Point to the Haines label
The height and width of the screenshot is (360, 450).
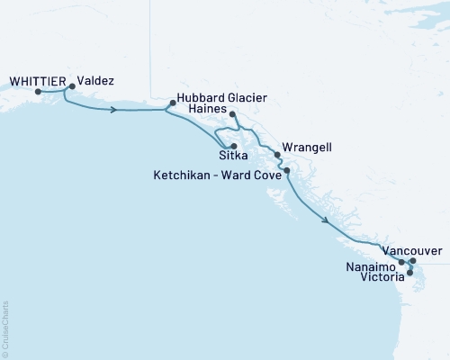click(209, 108)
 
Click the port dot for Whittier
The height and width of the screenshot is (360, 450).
click(37, 91)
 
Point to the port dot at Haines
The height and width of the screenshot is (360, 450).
click(232, 114)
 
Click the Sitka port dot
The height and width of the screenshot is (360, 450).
click(233, 146)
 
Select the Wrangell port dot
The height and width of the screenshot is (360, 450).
click(278, 154)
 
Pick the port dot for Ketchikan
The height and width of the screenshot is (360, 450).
click(286, 170)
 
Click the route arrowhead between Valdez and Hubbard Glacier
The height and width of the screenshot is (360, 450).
click(113, 111)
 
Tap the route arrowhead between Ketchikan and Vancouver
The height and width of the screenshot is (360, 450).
click(328, 221)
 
